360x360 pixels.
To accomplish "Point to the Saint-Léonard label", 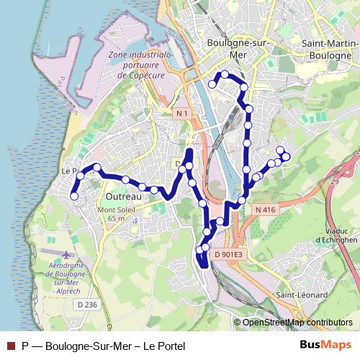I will click(302, 295).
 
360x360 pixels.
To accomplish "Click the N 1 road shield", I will click(183, 114).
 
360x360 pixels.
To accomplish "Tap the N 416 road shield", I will click(265, 210).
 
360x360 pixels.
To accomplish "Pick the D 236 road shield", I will click(86, 305).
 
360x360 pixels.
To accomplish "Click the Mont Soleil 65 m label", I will click(107, 214).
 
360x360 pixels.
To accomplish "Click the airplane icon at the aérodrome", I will click(68, 255).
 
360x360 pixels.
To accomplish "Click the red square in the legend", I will click(11, 346).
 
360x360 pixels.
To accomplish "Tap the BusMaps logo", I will click(326, 345).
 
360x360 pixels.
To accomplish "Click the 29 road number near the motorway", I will click(334, 183).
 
